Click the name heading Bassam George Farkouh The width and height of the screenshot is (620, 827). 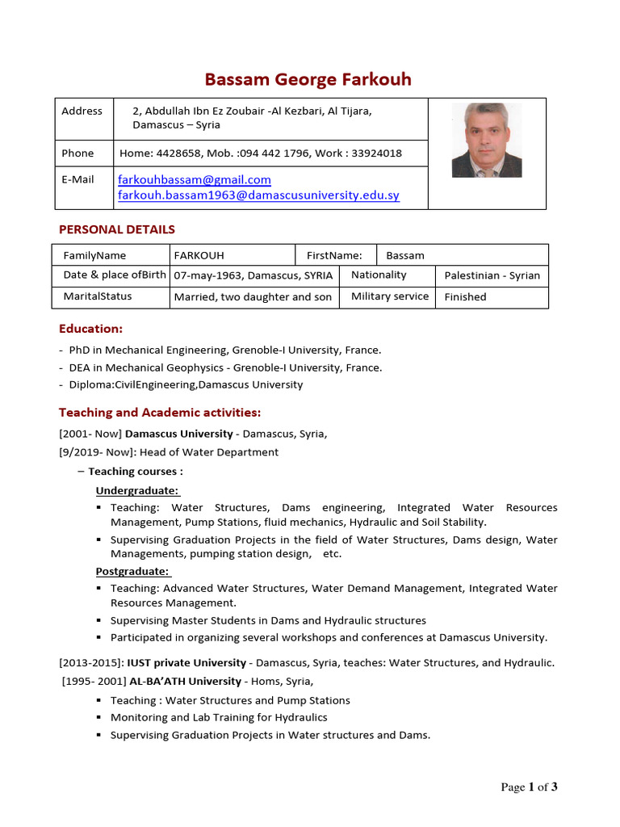pos(308,79)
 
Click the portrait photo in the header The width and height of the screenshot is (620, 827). pos(486,140)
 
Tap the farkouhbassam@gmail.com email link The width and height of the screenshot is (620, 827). pos(195,179)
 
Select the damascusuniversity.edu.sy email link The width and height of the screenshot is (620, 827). pos(258,195)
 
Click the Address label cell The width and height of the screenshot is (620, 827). pos(82,111)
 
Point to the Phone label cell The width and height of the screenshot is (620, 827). pos(77,153)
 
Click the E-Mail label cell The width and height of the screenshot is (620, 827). pos(77,179)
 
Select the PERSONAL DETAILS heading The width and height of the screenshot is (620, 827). pos(117,229)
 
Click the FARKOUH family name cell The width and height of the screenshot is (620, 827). pos(194,255)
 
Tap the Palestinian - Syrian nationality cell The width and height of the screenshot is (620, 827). pos(492,275)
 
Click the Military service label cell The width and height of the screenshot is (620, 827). pos(389,296)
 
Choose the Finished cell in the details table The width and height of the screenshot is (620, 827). pos(465,297)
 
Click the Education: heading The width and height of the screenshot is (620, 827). pos(91,329)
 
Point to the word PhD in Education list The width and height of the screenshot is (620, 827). pos(79,351)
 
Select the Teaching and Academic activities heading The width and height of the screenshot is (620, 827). pos(160,413)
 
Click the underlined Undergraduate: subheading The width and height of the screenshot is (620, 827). pos(137,491)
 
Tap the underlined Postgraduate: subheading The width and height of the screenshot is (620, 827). pos(133,572)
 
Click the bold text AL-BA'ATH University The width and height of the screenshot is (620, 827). pos(185,682)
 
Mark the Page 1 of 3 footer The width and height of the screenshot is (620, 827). pos(529,787)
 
